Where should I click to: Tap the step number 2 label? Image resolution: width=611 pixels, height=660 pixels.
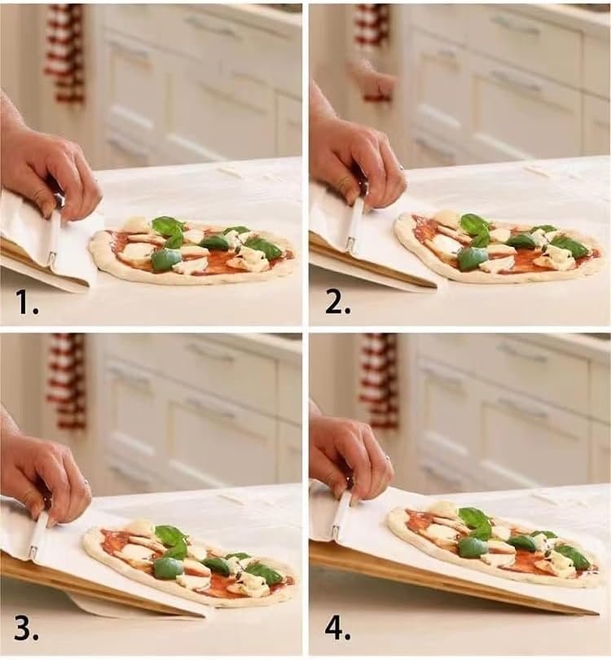point(336,302)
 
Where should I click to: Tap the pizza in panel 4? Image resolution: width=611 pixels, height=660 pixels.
point(493,542)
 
